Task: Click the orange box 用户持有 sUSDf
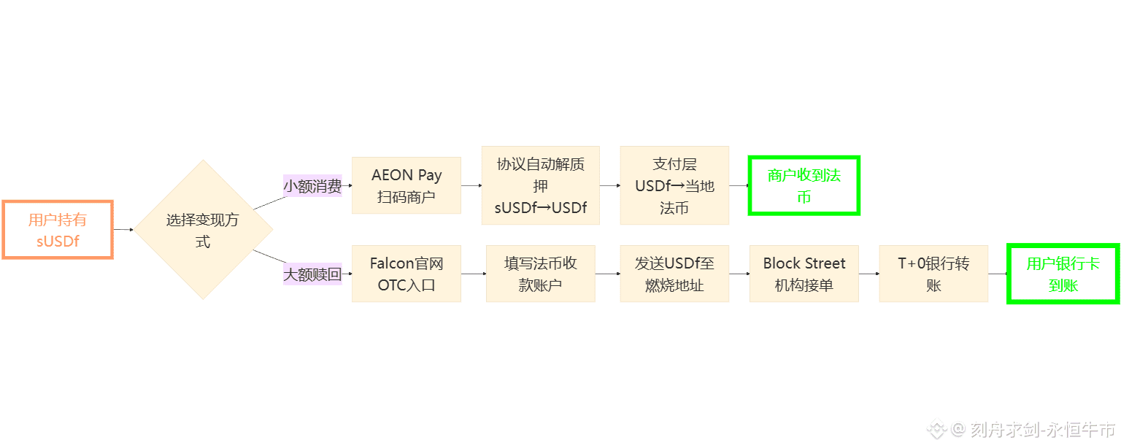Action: coord(58,230)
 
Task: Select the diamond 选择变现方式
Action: coord(203,230)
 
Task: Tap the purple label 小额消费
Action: coord(312,186)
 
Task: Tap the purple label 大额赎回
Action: coord(312,274)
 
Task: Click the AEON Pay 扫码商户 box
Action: coord(407,185)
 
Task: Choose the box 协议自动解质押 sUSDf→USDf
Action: coord(540,185)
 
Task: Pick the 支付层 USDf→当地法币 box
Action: coord(674,185)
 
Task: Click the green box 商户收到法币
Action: coord(804,185)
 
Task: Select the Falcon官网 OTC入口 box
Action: coord(407,274)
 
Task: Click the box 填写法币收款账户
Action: coord(540,274)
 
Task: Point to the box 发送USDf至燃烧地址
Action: coord(674,274)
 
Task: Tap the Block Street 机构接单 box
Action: coord(804,274)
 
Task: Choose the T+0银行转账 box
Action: coord(933,274)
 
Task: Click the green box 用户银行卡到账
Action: coord(1063,274)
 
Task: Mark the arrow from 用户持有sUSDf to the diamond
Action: coord(123,230)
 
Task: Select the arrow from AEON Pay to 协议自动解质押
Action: coord(471,185)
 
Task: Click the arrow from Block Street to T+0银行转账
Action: coord(869,274)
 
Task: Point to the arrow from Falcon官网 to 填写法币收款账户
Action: coord(474,274)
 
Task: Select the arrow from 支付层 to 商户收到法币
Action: coord(739,185)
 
